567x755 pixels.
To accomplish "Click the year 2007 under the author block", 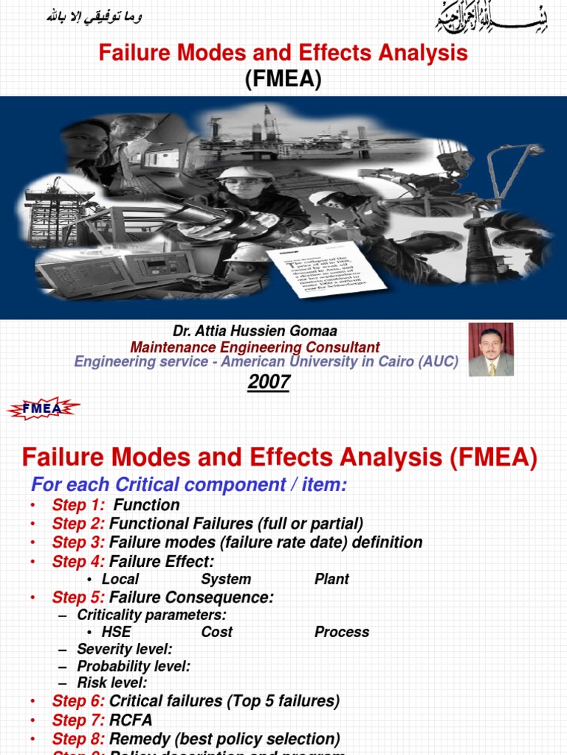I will (x=269, y=383).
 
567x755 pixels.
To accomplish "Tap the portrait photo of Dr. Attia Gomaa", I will (x=491, y=349).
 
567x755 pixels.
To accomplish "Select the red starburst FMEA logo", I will (x=43, y=408).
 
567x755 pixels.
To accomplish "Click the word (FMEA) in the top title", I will (x=283, y=80).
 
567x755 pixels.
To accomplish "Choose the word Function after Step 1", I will (x=146, y=505).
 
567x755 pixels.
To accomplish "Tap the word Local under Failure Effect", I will (x=120, y=579).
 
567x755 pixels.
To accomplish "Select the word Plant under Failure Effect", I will (x=332, y=579).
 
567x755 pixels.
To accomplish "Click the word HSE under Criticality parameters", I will (x=117, y=632).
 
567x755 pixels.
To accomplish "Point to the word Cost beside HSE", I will (x=216, y=632).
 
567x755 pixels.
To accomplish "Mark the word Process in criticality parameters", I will (x=342, y=632).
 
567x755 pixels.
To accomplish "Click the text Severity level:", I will (x=125, y=650).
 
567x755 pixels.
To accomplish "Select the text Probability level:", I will (x=134, y=667).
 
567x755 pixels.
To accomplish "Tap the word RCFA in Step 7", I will (x=131, y=720).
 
